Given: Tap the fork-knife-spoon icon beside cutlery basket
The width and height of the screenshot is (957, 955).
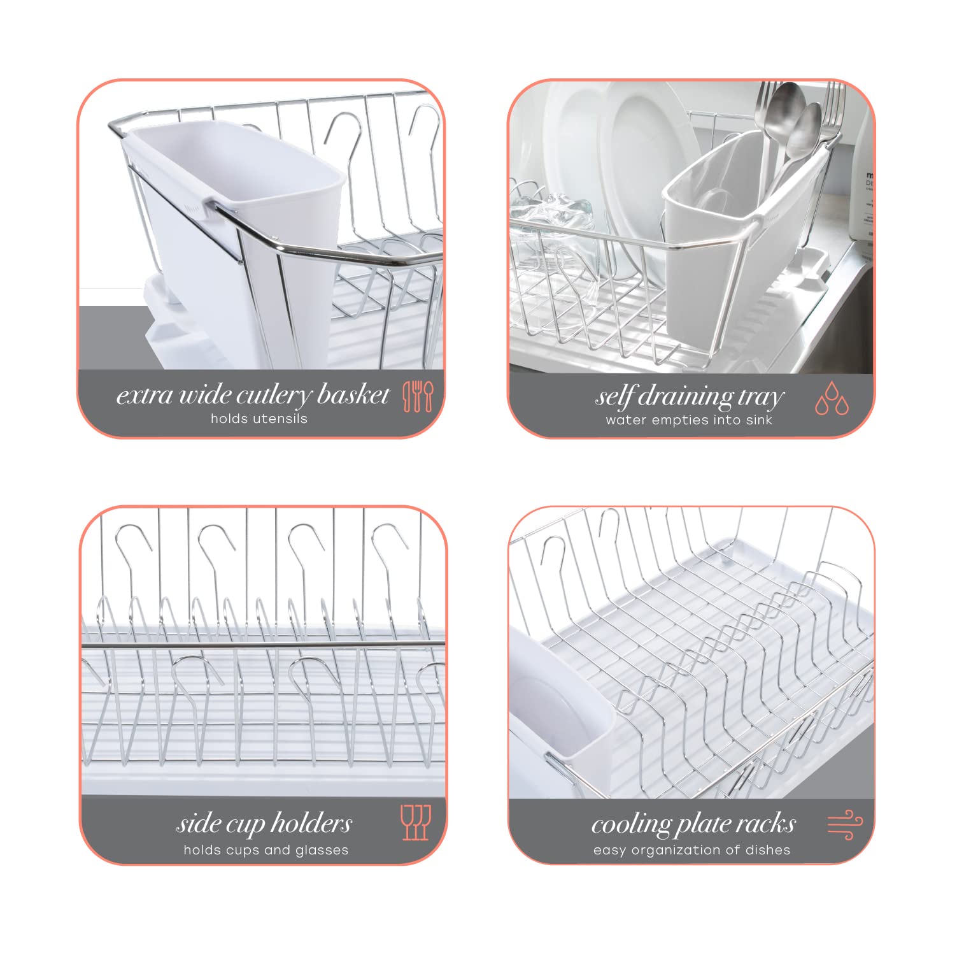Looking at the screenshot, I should pos(418,396).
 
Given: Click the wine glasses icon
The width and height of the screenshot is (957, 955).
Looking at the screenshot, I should pos(416,822).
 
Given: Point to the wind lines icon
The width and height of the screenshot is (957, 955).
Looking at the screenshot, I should pos(845,825).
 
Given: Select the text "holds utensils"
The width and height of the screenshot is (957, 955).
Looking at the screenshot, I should pos(259,419).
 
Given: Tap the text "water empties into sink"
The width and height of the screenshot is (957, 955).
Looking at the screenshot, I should pos(689,420).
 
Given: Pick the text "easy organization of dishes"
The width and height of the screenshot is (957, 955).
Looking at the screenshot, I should pos(691,850).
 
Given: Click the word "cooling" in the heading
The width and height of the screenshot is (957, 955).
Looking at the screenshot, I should pos(630,824).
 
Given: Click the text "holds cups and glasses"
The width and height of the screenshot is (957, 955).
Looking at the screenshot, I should pos(266,850).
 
